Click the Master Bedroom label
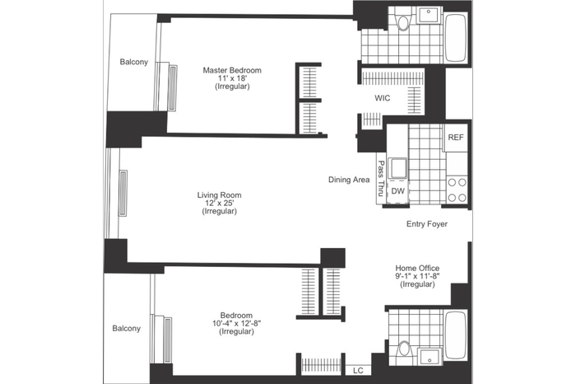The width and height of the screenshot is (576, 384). tap(232, 70)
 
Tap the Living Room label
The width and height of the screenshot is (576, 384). tap(220, 195)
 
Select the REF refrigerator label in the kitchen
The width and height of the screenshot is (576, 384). tap(456, 137)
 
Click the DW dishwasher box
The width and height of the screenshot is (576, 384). tap(398, 191)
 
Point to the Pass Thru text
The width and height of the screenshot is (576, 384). tap(381, 178)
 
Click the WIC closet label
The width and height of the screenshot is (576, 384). tap(383, 98)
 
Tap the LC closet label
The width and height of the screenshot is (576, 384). tap(358, 370)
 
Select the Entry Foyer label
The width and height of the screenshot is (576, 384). tap(427, 223)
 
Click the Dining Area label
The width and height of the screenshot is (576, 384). tap(349, 180)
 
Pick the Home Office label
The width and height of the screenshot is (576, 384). tap(417, 268)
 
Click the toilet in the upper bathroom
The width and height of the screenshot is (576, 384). tap(403, 21)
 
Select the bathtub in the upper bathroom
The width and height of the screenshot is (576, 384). tap(456, 38)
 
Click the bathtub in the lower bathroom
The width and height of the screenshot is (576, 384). tap(456, 335)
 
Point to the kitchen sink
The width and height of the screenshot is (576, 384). tap(397, 168)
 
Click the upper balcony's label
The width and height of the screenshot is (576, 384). tap(133, 62)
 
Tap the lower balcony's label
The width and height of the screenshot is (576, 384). tap(127, 329)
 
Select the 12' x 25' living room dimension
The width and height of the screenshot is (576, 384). tap(220, 203)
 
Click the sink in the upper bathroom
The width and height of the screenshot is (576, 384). tap(429, 16)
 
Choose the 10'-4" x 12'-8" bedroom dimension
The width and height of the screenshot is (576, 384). tap(237, 323)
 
